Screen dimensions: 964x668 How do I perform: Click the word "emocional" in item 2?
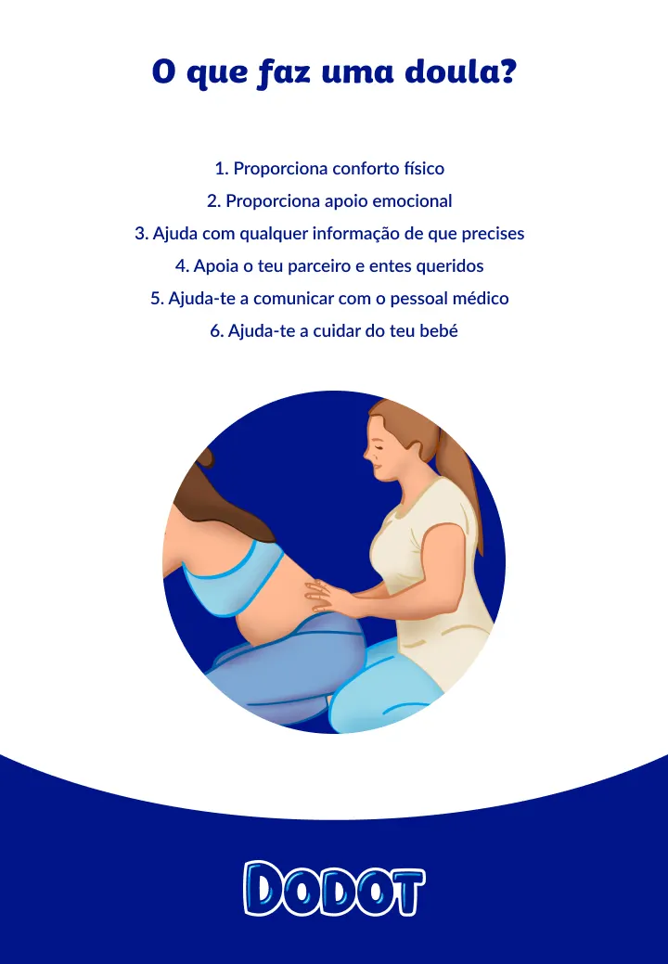(x=413, y=201)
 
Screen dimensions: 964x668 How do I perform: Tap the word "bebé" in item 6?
(x=438, y=331)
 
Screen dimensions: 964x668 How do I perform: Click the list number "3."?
(x=142, y=234)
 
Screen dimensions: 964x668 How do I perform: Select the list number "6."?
(x=217, y=331)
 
